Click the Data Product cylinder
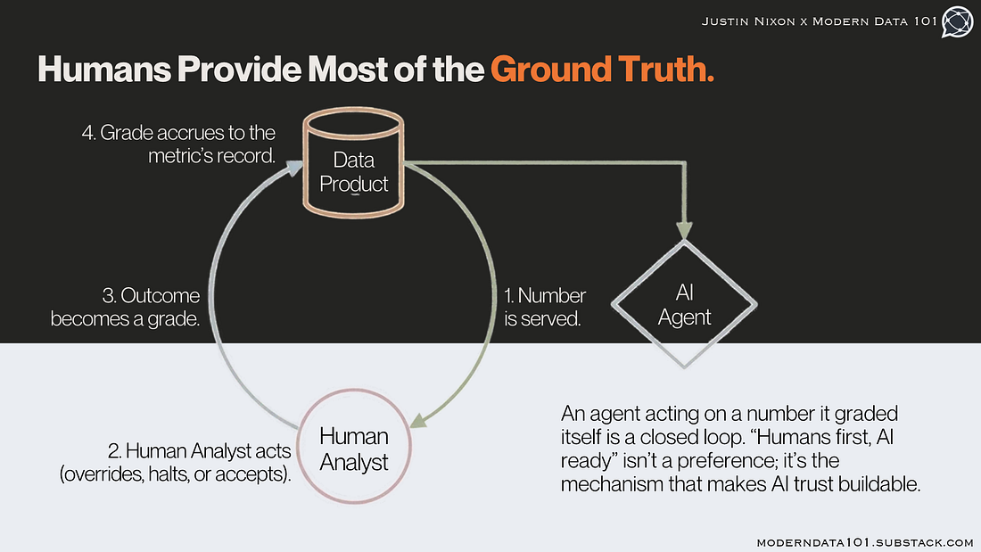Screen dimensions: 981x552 pos(353,162)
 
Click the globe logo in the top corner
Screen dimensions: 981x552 pos(957,22)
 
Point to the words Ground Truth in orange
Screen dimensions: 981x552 pos(602,69)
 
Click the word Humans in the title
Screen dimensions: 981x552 pos(103,69)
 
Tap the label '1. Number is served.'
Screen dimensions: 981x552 pos(544,307)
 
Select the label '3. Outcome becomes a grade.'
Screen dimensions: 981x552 pos(125,307)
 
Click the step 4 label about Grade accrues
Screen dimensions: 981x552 pos(179,144)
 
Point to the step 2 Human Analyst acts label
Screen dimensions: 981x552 pos(175,462)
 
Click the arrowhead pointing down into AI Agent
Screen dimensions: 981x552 pos(684,230)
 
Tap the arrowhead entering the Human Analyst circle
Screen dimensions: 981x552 pos(418,420)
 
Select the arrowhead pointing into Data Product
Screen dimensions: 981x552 pos(294,168)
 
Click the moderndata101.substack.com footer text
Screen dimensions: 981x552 pos(865,542)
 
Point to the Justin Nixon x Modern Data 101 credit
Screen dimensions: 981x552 pos(819,21)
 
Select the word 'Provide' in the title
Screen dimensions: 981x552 pos(239,69)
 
